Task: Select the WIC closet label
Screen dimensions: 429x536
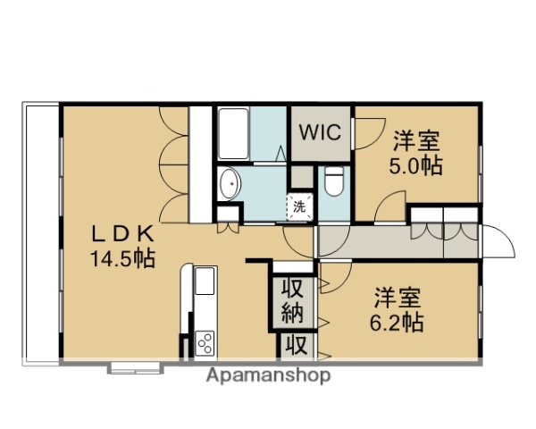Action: pos(320,132)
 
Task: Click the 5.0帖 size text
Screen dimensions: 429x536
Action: pos(415,166)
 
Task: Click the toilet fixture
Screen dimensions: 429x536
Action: pos(334,181)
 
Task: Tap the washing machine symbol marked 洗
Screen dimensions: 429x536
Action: pos(300,206)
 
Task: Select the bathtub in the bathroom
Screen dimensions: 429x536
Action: pos(233,135)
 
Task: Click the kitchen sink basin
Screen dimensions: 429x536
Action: pos(205,282)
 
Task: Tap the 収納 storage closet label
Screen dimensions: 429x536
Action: pos(292,301)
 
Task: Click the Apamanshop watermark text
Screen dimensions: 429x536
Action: pos(268,375)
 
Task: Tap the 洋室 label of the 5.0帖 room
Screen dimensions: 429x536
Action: pos(415,141)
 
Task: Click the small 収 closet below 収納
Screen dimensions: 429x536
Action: pos(292,345)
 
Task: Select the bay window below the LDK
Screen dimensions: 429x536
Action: pos(135,366)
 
